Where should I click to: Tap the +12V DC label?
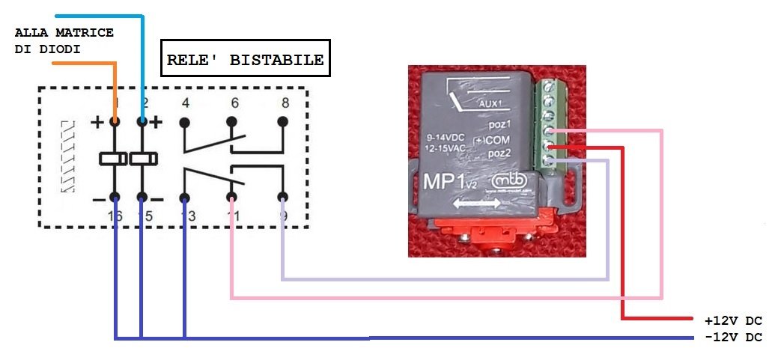[x=733, y=321]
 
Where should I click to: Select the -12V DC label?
[x=733, y=338]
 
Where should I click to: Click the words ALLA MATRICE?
[x=64, y=33]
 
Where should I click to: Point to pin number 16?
[x=115, y=216]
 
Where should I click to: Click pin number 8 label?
[x=283, y=103]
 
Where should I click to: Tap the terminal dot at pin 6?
[x=231, y=120]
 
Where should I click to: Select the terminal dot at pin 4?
[x=184, y=120]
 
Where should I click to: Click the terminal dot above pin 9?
[x=282, y=198]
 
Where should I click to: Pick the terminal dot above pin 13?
[x=184, y=198]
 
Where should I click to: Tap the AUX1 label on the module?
[x=489, y=104]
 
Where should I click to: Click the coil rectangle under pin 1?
[x=115, y=159]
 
